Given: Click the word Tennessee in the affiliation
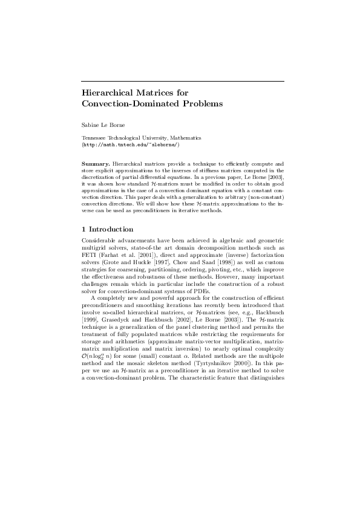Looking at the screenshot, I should (94, 138).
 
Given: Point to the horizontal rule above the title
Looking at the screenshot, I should (183, 81).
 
